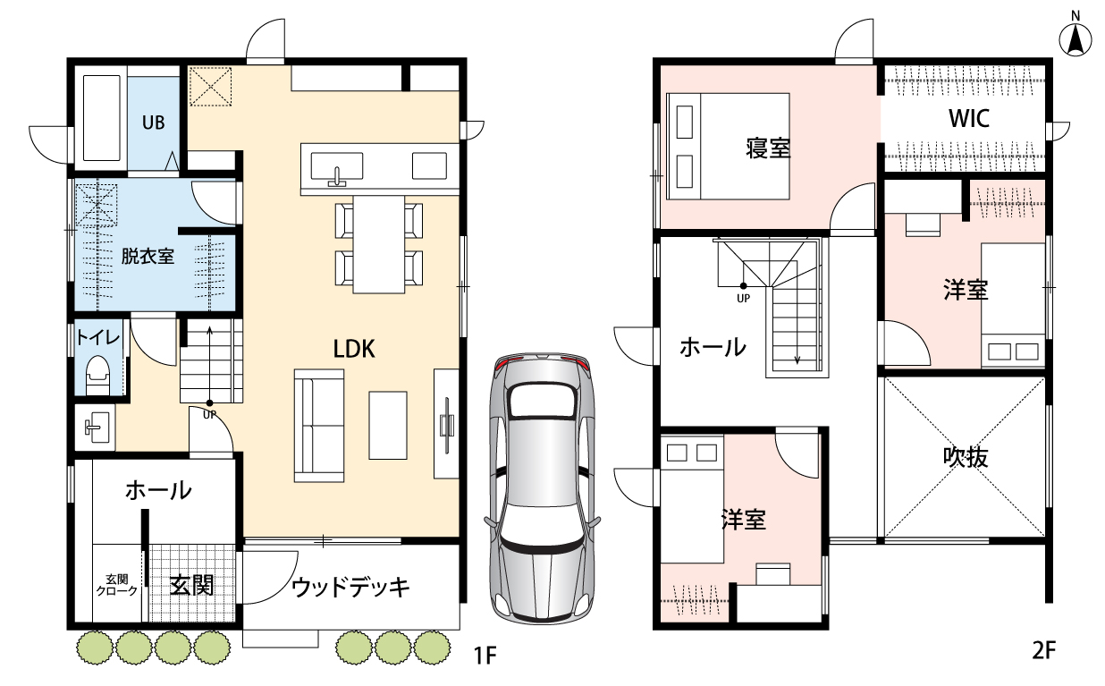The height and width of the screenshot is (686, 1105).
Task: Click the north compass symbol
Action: click(x=1075, y=36)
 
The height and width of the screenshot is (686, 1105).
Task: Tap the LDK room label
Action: click(x=354, y=349)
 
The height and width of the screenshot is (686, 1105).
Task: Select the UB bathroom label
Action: click(x=153, y=123)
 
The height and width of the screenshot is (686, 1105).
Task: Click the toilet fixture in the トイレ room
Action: click(x=97, y=375)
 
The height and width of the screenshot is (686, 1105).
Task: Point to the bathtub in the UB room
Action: click(x=102, y=118)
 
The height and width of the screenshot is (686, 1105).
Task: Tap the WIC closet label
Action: click(x=969, y=118)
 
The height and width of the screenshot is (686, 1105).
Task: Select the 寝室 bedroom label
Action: click(x=768, y=148)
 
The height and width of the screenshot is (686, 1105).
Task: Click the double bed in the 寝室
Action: click(x=728, y=147)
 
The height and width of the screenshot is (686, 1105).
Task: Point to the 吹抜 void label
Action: click(x=966, y=457)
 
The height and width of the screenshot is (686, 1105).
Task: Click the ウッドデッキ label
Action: click(x=350, y=588)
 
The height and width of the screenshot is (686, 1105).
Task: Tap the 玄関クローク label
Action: click(x=117, y=585)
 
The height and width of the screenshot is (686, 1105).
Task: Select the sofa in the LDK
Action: click(x=318, y=426)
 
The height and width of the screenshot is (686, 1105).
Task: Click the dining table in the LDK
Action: click(x=379, y=244)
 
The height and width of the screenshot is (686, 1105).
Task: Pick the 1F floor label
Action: click(x=485, y=656)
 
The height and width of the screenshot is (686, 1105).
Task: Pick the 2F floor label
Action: click(x=1044, y=650)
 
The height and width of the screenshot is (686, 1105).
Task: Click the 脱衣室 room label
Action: click(x=148, y=257)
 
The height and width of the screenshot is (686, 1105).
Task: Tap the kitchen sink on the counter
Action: click(x=337, y=167)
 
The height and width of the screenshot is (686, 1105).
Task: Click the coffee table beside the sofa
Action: click(x=388, y=426)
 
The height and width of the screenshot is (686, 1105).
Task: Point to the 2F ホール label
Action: click(x=713, y=347)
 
